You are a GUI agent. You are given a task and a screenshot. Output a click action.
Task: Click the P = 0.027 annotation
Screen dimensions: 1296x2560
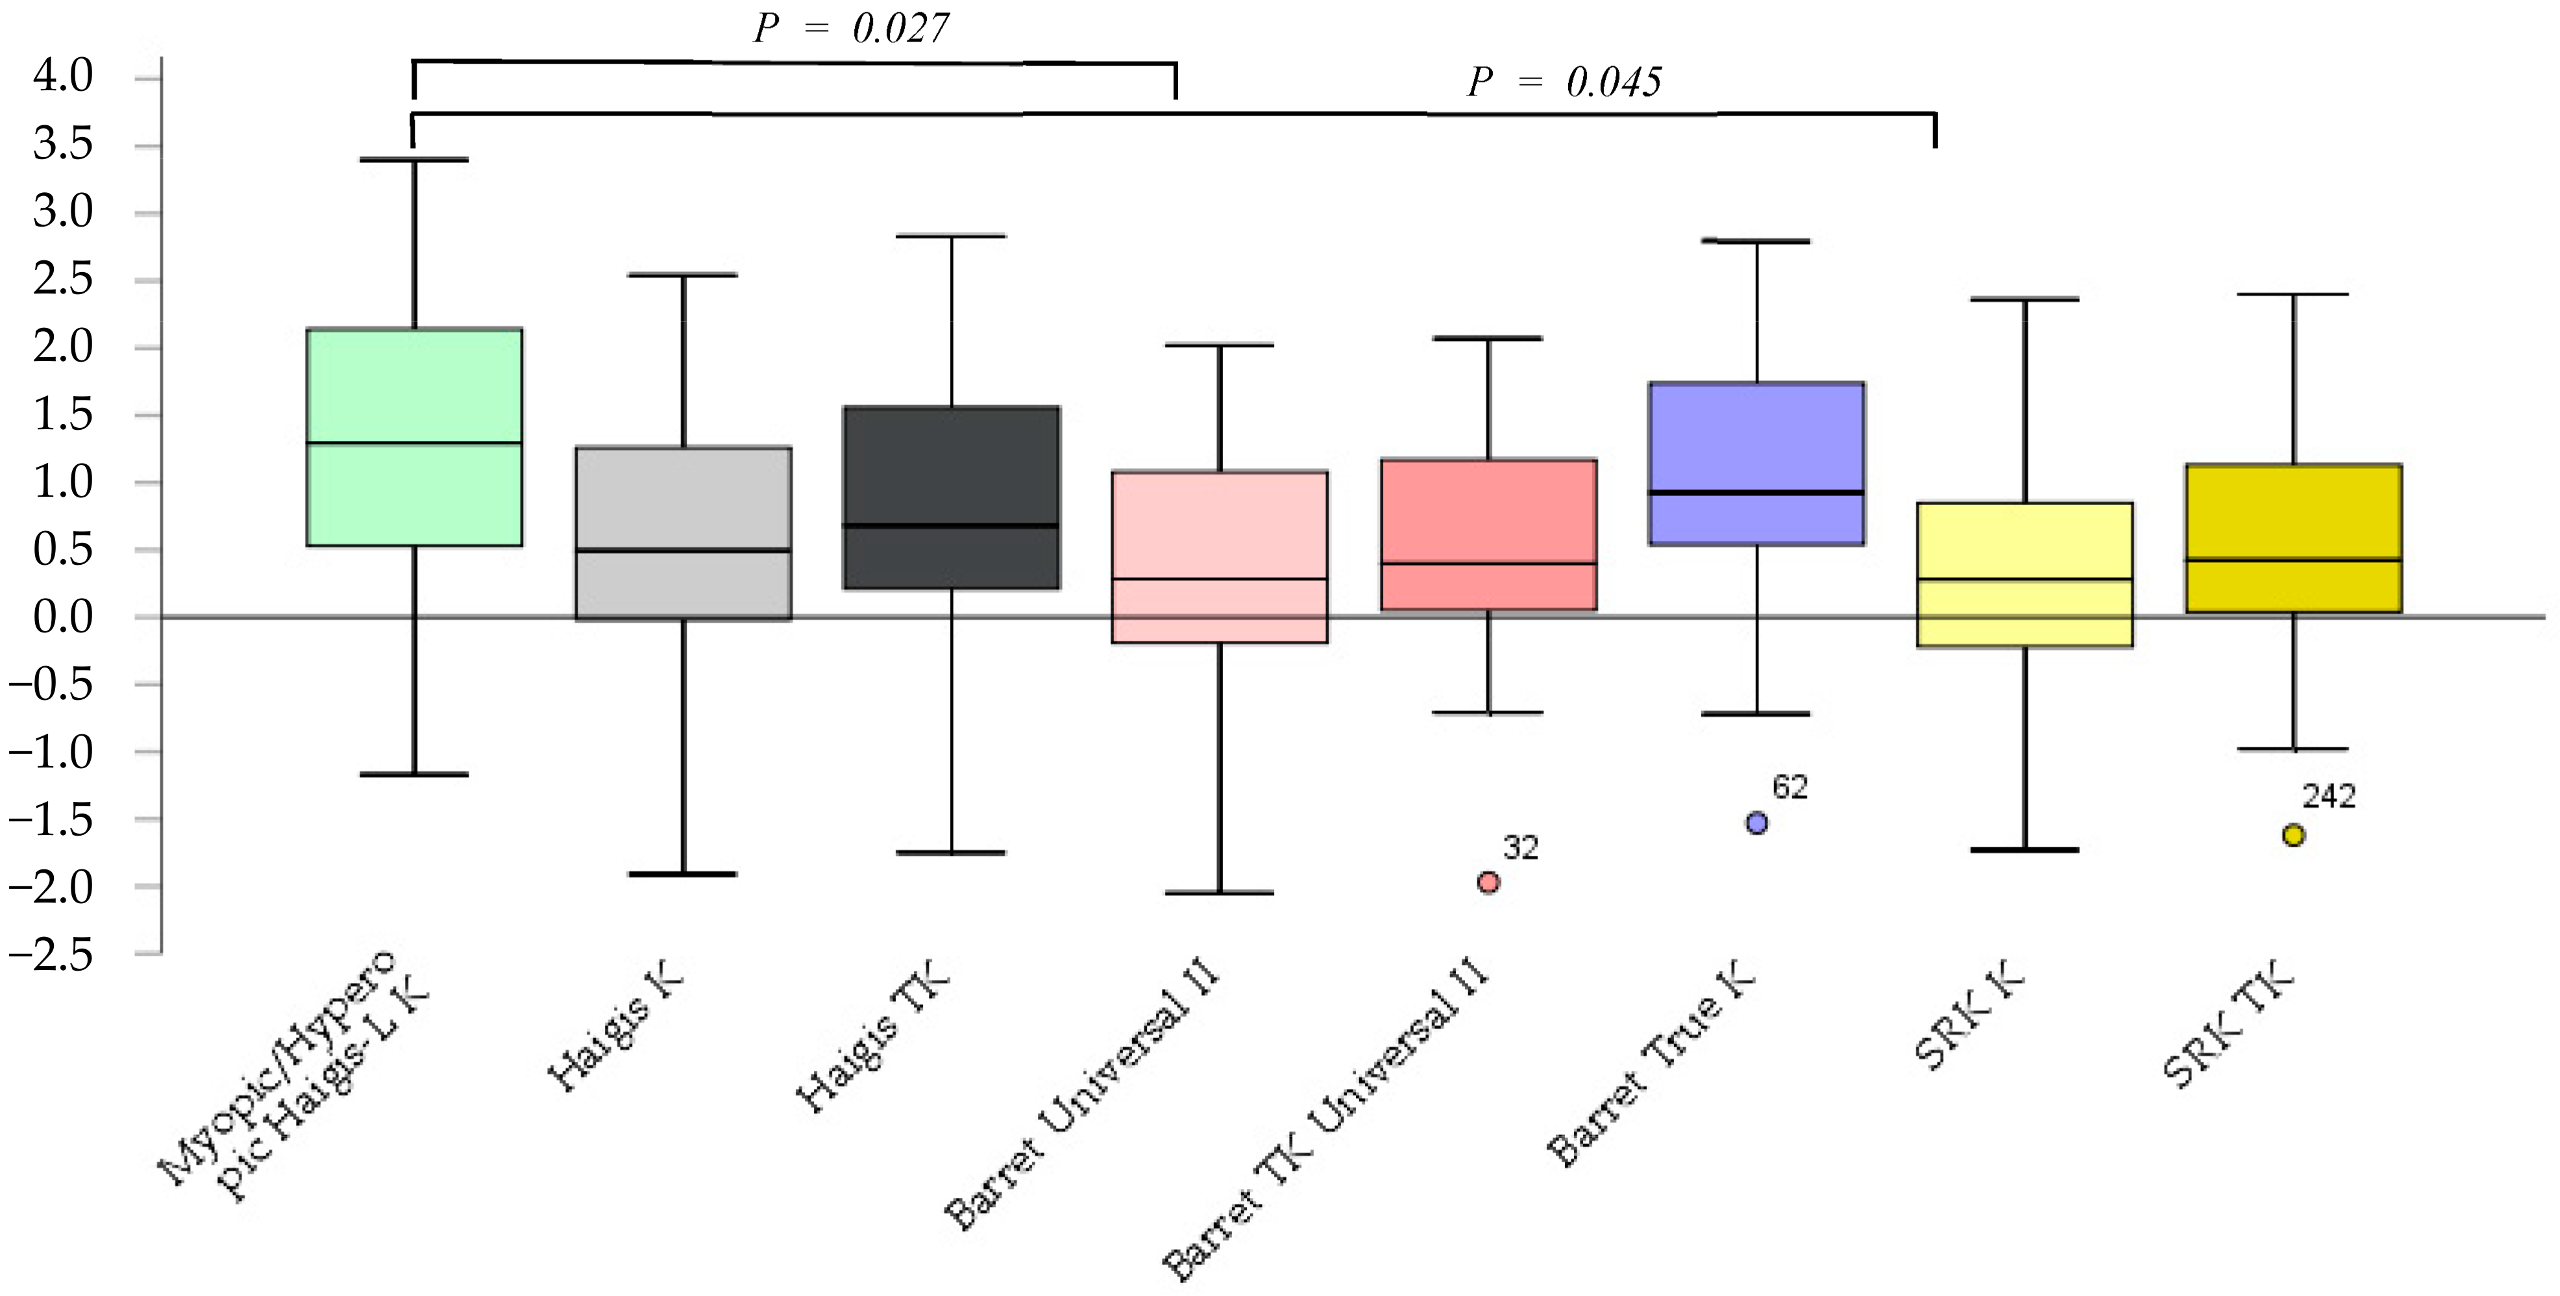[x=851, y=29]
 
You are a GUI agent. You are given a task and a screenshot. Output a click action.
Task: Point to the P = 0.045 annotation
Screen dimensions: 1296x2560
[x=1564, y=82]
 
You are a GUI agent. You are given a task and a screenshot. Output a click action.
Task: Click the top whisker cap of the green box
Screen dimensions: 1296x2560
[x=414, y=159]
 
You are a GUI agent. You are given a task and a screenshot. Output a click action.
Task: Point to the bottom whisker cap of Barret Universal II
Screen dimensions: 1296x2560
[x=1220, y=893]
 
